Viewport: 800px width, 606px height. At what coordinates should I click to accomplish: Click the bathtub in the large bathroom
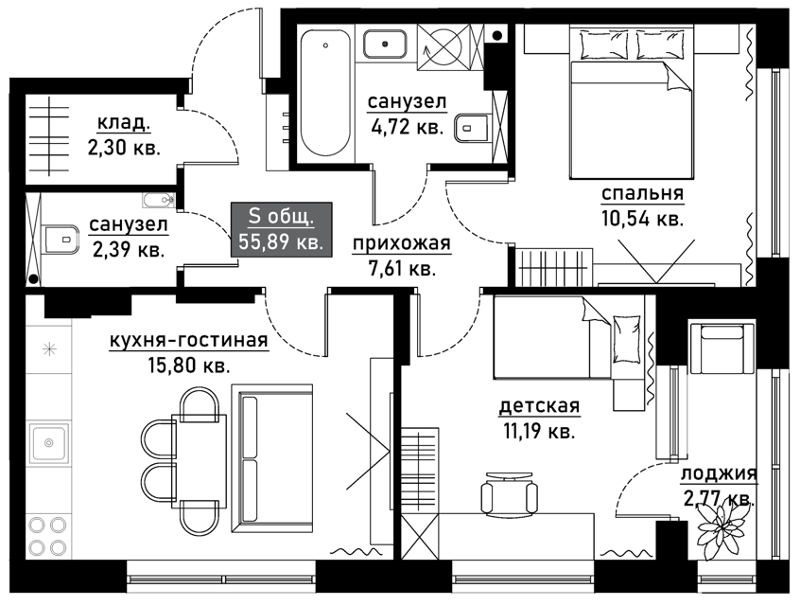coord(325,94)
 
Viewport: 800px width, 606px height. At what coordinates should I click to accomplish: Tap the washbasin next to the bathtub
coord(385,44)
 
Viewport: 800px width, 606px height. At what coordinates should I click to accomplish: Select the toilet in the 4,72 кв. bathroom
coord(472,128)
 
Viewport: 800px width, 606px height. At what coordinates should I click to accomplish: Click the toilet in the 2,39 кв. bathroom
coord(61,240)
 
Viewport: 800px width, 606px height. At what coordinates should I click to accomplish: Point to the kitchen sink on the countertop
coord(48,443)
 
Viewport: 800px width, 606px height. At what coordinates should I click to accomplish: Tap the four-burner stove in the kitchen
coord(48,536)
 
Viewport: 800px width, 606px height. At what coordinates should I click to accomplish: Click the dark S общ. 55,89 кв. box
coord(281,229)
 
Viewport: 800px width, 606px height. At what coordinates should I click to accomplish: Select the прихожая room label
coord(402,244)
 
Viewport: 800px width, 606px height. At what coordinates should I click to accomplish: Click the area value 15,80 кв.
coord(188,365)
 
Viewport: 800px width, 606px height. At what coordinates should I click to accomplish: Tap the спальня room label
coord(642,194)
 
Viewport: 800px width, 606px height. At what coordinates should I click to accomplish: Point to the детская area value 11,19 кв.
coord(539,433)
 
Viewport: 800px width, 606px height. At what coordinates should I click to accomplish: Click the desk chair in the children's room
coord(509,491)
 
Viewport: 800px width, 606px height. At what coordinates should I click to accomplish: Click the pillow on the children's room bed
coord(627,339)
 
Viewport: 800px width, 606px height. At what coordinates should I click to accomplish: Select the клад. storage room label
coord(123,123)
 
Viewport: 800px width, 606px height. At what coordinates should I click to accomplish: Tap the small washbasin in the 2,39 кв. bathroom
coord(159,200)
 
